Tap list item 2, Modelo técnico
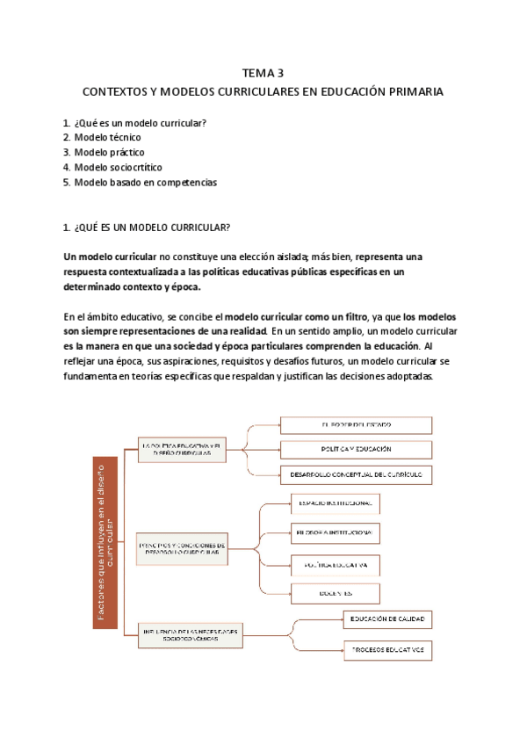107,137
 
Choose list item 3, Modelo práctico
110,152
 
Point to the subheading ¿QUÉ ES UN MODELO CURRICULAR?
152,228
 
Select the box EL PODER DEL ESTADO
356,424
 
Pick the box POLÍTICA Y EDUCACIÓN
356,449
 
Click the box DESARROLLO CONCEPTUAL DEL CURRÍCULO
356,474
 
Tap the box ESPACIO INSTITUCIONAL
334,503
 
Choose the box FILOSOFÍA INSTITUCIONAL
334,532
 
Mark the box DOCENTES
334,593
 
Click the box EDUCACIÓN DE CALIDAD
387,620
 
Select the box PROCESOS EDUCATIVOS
387,652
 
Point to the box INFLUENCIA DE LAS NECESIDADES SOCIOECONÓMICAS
189,631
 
